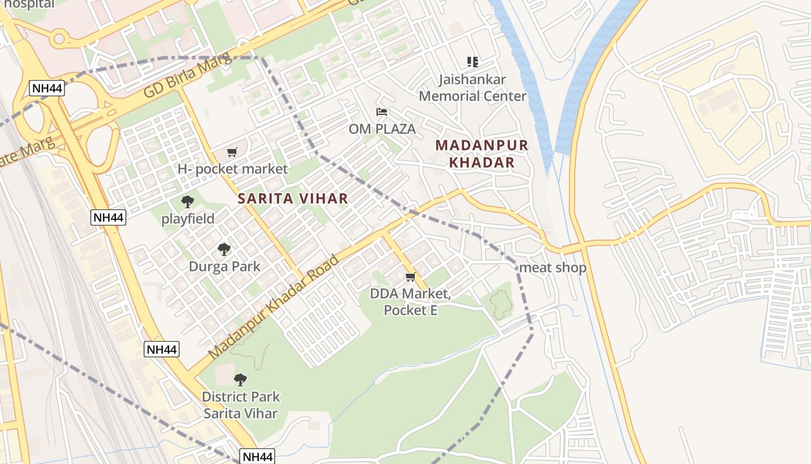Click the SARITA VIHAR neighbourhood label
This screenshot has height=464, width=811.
tap(293, 198)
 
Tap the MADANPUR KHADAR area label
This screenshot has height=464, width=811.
tap(482, 154)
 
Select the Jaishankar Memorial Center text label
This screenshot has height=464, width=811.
tap(473, 88)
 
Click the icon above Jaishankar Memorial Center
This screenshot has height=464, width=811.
tap(473, 61)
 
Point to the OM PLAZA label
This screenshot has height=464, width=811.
tap(382, 129)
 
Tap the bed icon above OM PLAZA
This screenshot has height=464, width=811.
tap(382, 112)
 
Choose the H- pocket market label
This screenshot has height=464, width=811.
tap(232, 169)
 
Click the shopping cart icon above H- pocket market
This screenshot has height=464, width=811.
tap(232, 153)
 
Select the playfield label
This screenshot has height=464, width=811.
tap(188, 219)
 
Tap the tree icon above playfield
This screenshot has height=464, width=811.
tap(187, 202)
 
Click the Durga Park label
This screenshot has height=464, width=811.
tap(224, 267)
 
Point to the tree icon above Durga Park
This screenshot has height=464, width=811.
tap(224, 249)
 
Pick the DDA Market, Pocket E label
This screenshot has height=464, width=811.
tap(411, 302)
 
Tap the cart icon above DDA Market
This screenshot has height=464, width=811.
tap(411, 277)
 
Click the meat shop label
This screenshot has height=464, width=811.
tap(553, 267)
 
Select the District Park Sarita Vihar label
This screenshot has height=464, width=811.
tap(240, 405)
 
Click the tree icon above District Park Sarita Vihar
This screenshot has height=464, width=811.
tap(240, 380)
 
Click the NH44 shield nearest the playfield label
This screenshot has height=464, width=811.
tap(108, 217)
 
